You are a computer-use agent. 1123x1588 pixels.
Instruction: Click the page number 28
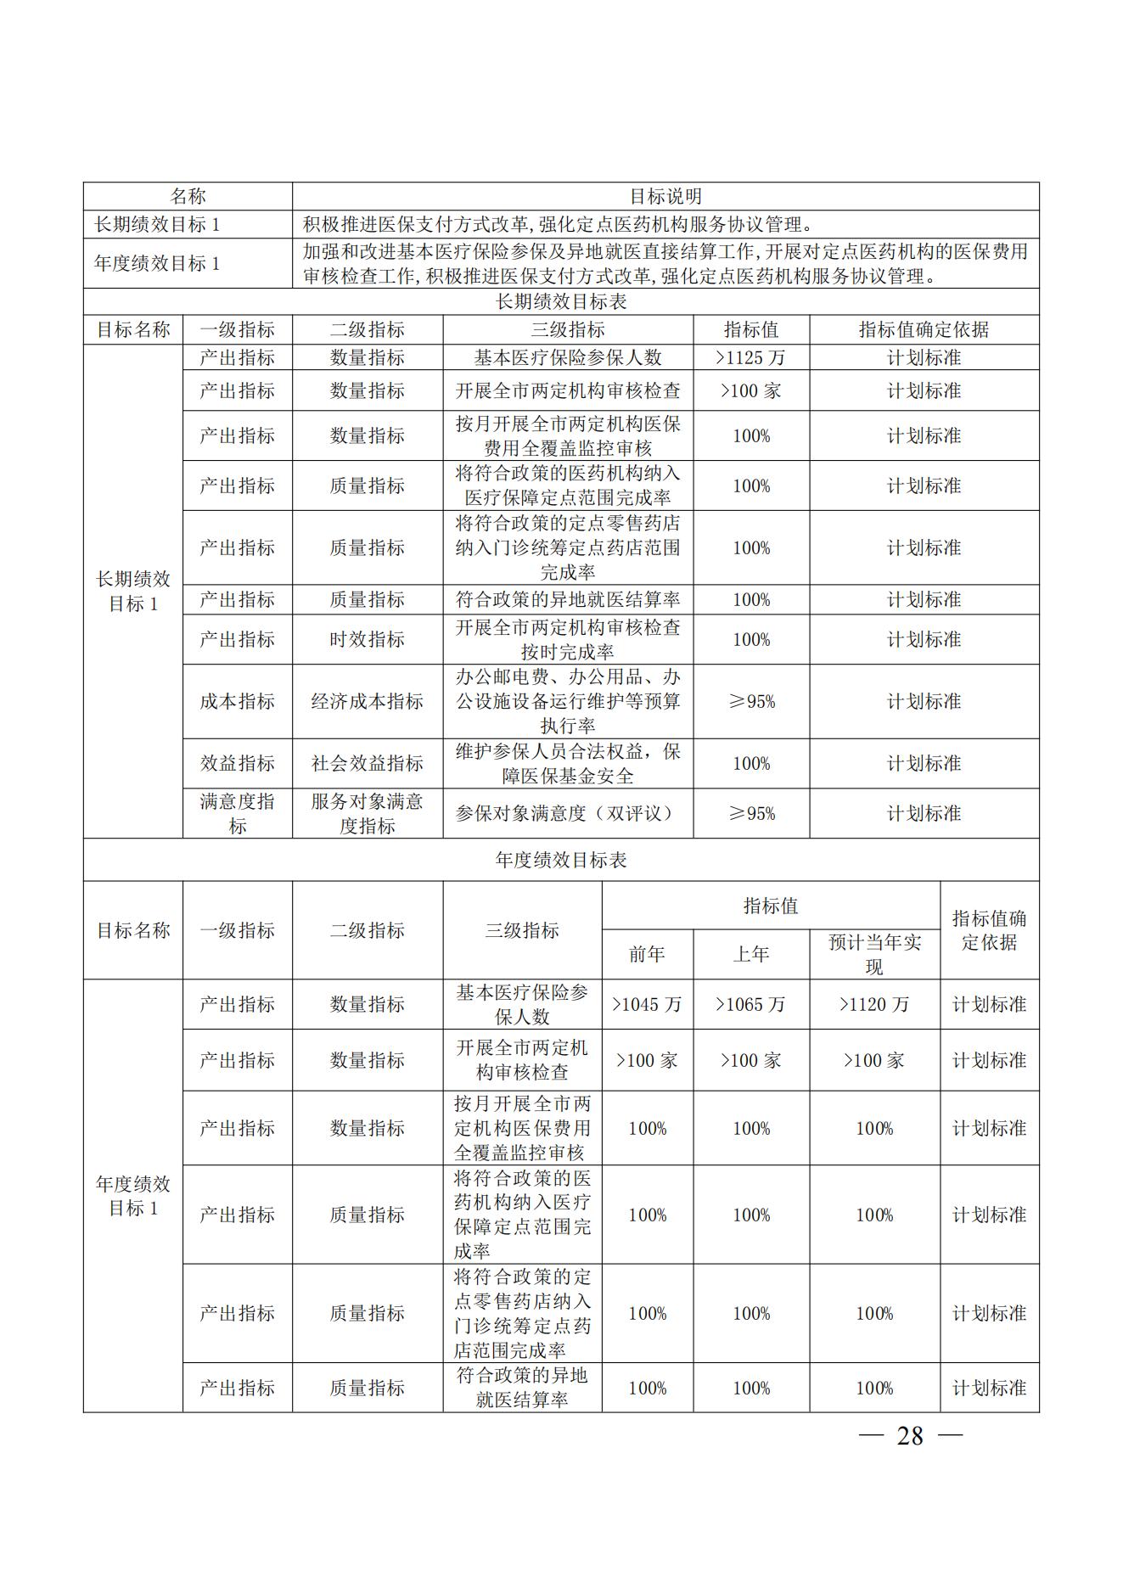(x=910, y=1435)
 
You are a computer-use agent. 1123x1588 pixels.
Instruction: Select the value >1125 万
(x=750, y=357)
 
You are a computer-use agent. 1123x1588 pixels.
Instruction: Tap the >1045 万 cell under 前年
(x=647, y=1004)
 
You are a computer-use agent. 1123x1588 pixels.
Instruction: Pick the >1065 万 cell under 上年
(x=750, y=1004)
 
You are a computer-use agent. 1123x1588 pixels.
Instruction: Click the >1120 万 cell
(x=874, y=1004)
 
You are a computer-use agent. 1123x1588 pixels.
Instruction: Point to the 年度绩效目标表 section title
(x=561, y=860)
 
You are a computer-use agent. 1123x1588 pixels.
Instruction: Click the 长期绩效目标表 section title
(x=561, y=301)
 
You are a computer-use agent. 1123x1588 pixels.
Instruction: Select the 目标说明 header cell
(x=665, y=196)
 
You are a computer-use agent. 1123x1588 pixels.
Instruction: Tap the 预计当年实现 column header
(x=874, y=954)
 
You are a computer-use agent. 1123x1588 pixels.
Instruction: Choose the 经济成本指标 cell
(x=367, y=701)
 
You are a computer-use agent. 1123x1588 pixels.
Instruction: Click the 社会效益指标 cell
(x=367, y=763)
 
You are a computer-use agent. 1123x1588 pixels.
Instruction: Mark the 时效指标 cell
(x=367, y=639)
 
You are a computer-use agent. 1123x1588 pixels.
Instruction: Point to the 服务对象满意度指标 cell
(x=367, y=813)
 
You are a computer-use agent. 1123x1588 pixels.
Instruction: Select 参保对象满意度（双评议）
(x=567, y=813)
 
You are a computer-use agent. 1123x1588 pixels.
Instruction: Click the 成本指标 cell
(x=237, y=701)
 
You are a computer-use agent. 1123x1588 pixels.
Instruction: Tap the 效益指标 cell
(x=237, y=763)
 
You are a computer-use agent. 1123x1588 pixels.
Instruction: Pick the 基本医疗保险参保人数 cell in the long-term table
(x=567, y=357)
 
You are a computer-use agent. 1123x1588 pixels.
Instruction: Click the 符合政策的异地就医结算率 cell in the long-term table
(x=567, y=599)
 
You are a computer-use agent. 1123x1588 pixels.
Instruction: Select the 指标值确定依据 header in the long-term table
(x=924, y=329)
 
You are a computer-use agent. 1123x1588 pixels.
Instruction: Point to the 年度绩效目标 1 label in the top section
(x=156, y=263)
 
